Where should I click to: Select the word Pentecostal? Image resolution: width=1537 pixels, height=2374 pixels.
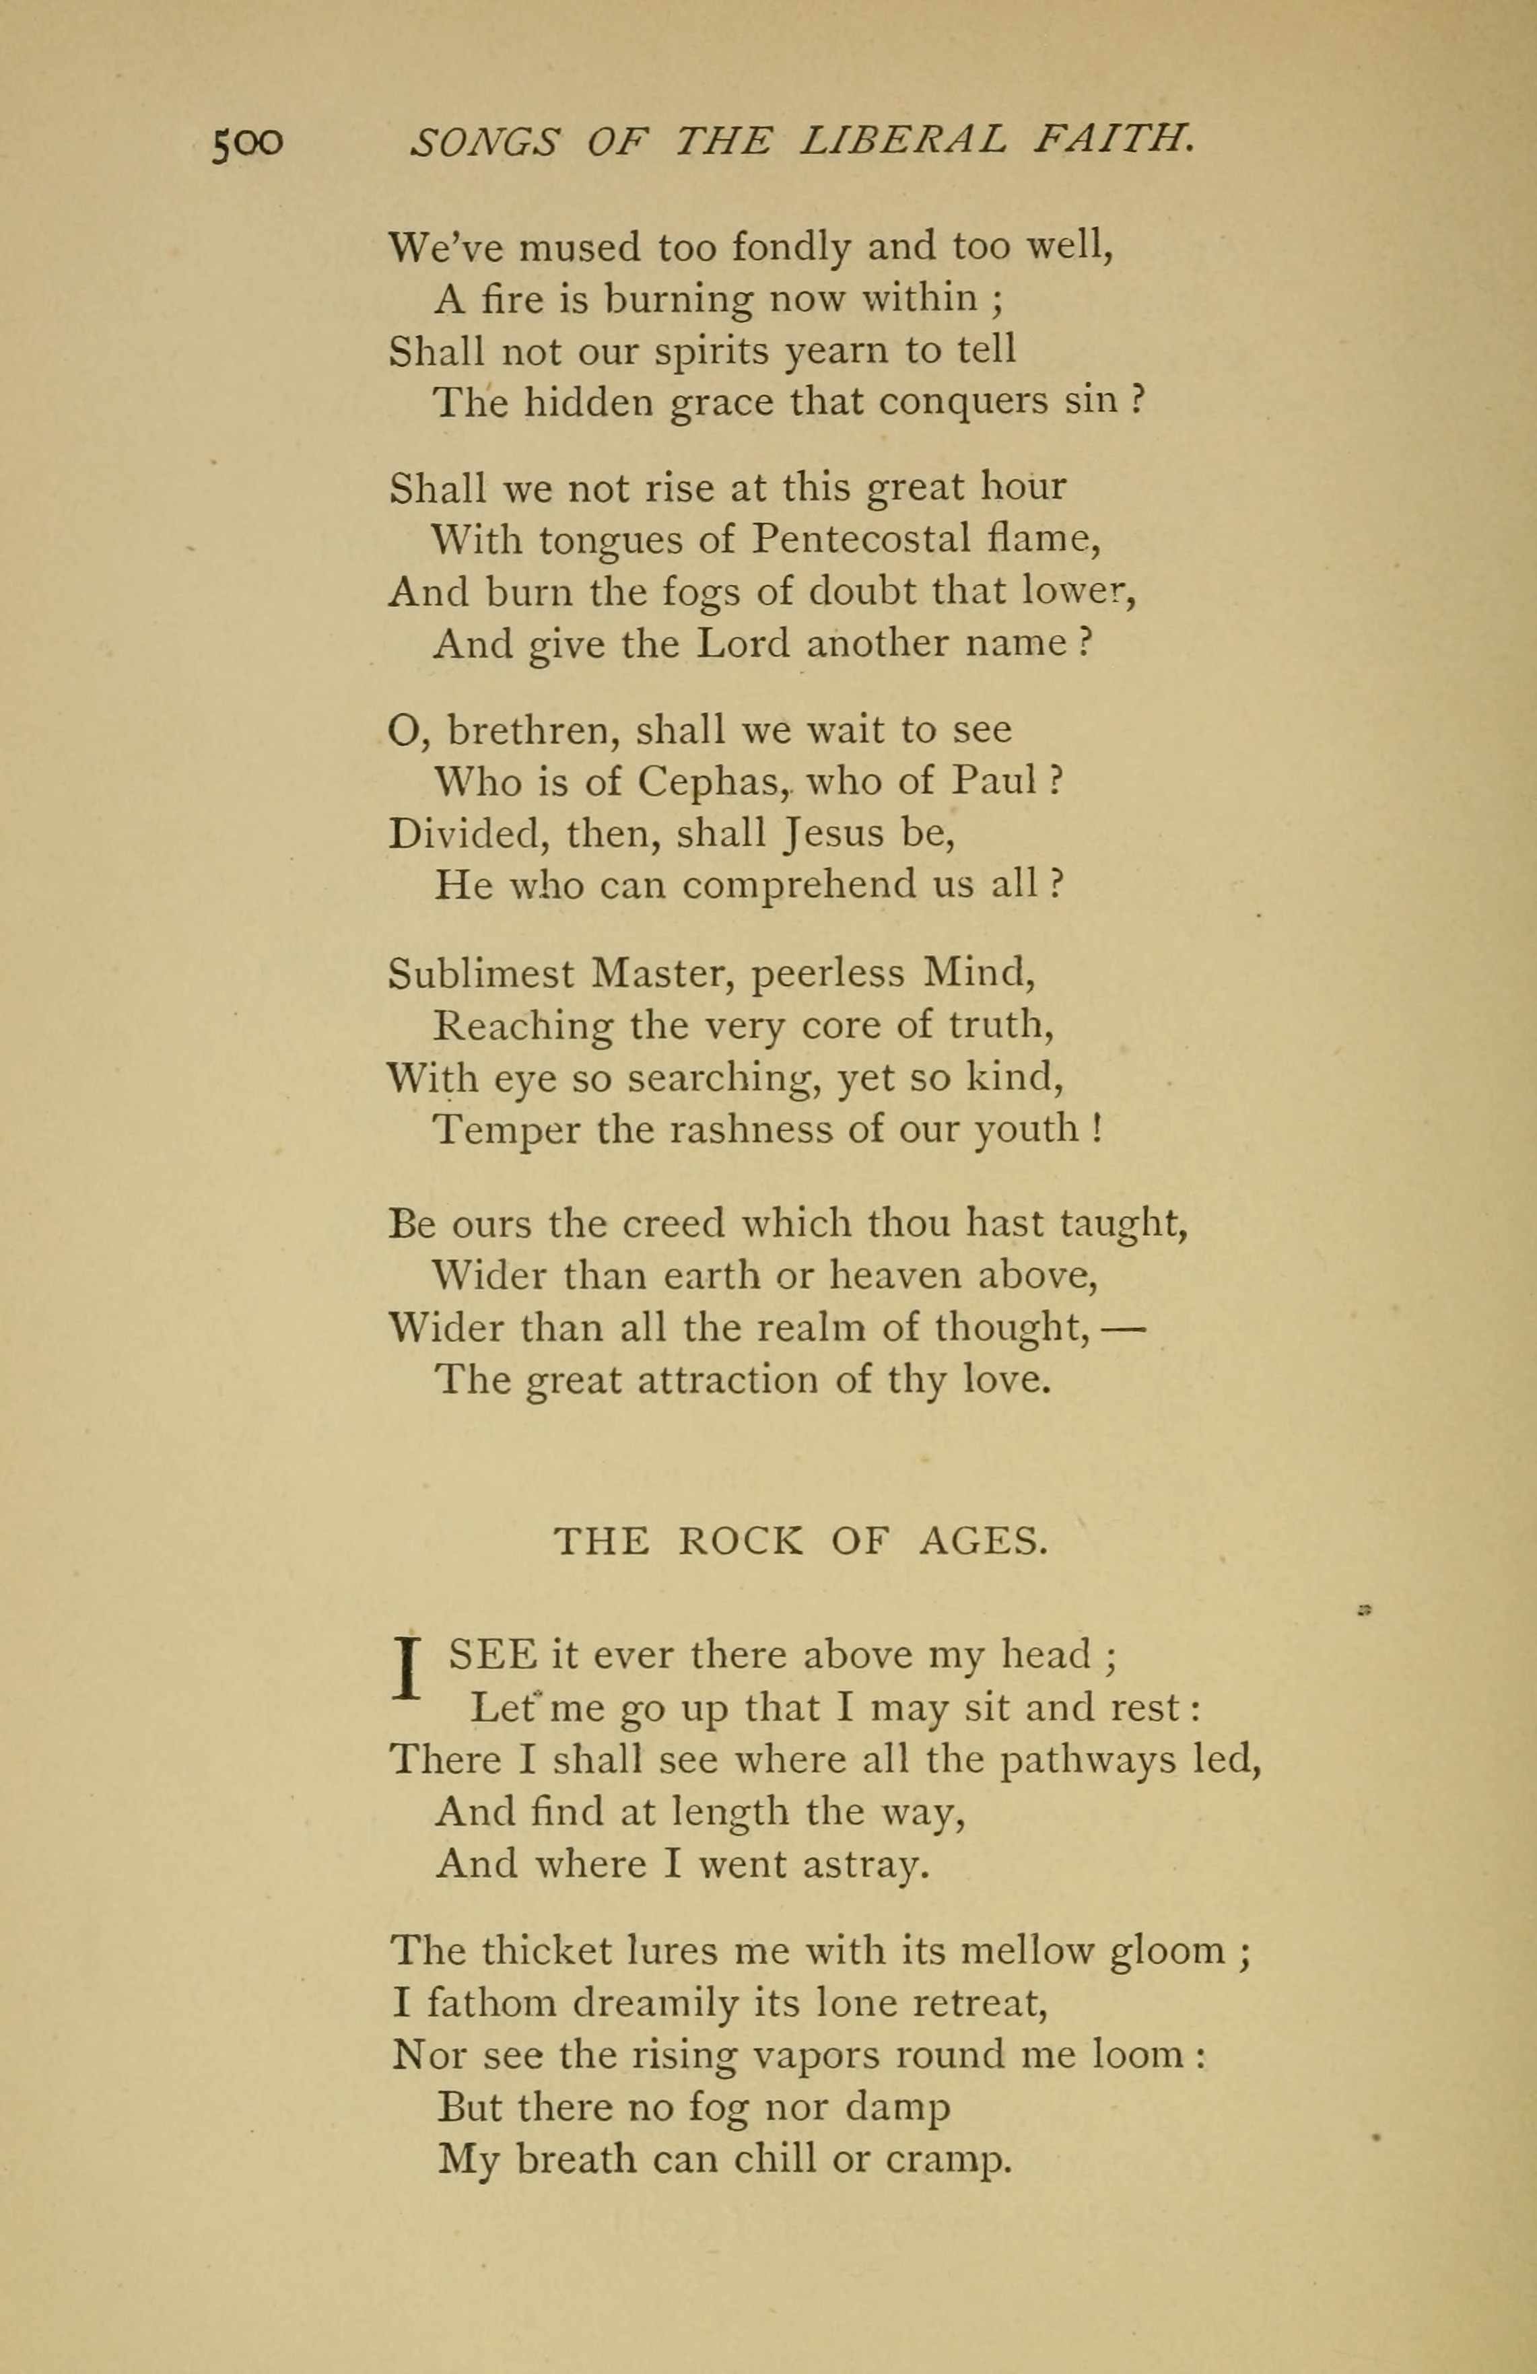coord(861,540)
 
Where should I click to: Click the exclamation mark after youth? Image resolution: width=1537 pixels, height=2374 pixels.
coord(1096,1128)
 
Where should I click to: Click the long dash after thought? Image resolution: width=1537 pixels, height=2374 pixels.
coord(1124,1327)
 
